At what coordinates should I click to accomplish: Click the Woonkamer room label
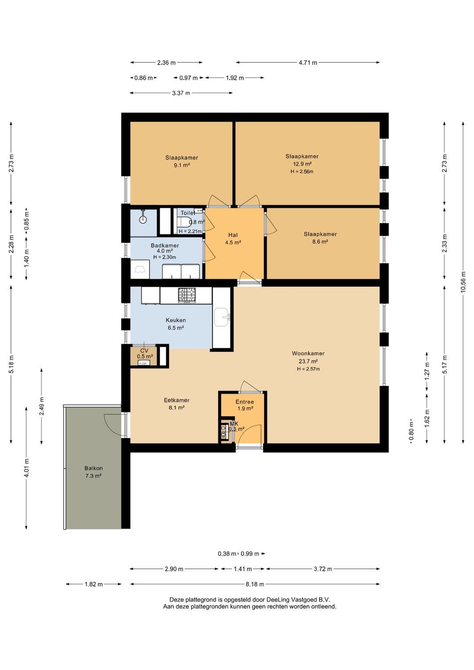pos(308,353)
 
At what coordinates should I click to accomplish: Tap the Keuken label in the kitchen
pos(176,320)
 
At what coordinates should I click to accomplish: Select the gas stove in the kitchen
pos(187,295)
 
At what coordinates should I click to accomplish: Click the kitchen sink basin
pos(222,317)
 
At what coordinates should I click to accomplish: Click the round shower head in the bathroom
pos(143,219)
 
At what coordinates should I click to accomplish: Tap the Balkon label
pos(93,468)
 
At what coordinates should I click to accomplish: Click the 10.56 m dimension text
pos(463,281)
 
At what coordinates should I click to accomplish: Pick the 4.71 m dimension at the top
pos(308,62)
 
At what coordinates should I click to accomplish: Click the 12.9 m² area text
pos(302,164)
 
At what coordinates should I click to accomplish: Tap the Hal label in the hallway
pos(233,235)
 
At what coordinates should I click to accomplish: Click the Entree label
pos(244,402)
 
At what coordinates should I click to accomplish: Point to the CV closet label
pos(144,350)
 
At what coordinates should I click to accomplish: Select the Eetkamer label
pos(177,400)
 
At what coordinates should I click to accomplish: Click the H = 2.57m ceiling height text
pos(309,369)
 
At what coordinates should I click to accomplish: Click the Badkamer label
pos(165,245)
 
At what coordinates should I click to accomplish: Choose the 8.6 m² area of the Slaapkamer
pos(320,241)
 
